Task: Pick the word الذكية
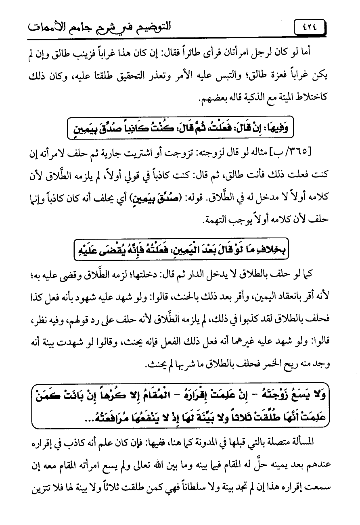[236, 94]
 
